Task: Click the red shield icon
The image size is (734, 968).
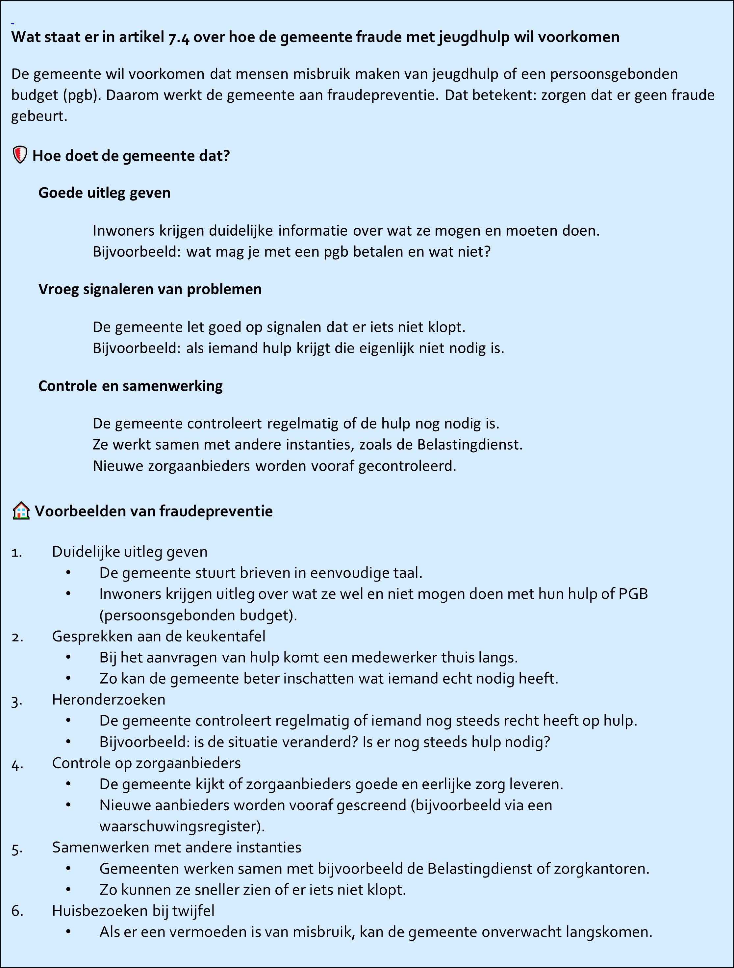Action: click(x=20, y=155)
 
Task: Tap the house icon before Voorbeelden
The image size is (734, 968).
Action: click(x=21, y=511)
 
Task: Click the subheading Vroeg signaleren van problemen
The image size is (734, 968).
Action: click(x=150, y=289)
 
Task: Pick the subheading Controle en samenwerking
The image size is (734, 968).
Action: click(x=130, y=386)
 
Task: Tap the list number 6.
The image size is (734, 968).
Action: click(x=17, y=911)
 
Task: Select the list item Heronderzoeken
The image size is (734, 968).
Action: click(x=109, y=700)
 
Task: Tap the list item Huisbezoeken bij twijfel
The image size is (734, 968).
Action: click(x=133, y=911)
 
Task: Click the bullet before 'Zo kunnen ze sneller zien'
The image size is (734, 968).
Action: click(x=68, y=889)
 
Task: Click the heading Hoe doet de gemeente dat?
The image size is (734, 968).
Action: click(x=131, y=156)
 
